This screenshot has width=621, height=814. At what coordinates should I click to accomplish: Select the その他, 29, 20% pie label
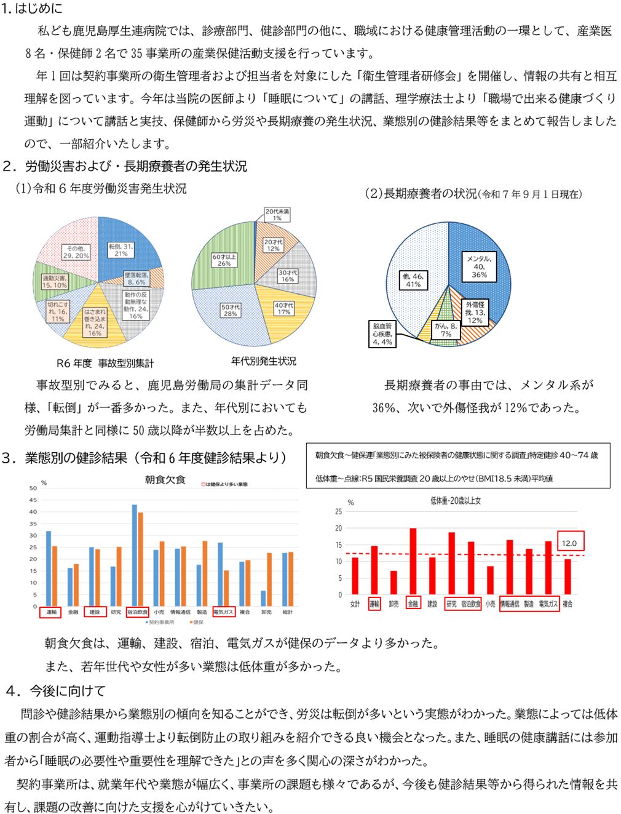coord(76,251)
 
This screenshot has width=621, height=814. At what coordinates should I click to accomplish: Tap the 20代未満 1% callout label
coord(277,214)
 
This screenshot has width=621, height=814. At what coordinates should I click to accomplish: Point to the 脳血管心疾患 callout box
coord(381,333)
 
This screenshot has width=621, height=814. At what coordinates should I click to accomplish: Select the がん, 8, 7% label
coord(446,330)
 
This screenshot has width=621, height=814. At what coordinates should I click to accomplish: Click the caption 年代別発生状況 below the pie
coord(263,361)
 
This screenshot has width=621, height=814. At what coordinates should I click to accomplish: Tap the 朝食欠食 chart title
coord(165,479)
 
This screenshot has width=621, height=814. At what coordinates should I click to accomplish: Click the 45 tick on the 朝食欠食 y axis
coord(33,500)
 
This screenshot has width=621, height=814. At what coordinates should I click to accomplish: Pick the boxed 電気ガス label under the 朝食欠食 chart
coord(223,612)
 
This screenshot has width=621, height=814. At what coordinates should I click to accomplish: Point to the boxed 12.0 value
coord(569,543)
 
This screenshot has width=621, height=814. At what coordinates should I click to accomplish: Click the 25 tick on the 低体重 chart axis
coord(338,512)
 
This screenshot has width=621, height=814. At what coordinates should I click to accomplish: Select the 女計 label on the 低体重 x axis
coord(355,604)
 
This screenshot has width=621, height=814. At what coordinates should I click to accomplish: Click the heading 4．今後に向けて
coord(55,691)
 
